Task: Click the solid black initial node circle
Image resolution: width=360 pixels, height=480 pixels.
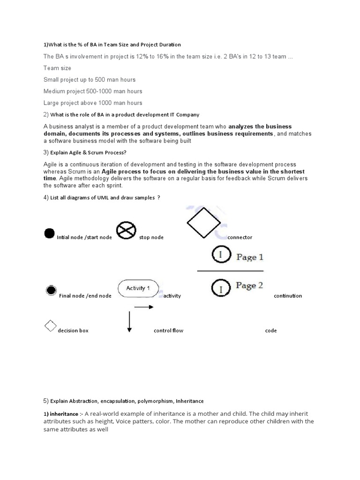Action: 49,233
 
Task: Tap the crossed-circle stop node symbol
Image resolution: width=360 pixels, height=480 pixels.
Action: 126,230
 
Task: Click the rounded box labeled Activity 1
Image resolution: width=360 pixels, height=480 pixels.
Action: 138,288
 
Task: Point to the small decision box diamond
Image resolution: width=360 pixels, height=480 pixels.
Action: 50,326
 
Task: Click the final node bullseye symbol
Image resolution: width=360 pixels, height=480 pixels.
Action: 51,291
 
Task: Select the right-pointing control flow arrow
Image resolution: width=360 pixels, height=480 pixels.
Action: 144,307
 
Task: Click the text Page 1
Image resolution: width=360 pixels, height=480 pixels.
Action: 249,257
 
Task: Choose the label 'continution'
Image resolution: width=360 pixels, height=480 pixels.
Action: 288,296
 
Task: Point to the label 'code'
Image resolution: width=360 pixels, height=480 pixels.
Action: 270,330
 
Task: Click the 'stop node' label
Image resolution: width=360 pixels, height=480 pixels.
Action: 151,237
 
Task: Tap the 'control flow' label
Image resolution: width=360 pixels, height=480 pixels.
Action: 168,330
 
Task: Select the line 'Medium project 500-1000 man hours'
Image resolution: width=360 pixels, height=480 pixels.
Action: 93,91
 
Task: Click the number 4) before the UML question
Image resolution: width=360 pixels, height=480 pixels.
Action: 46,197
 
